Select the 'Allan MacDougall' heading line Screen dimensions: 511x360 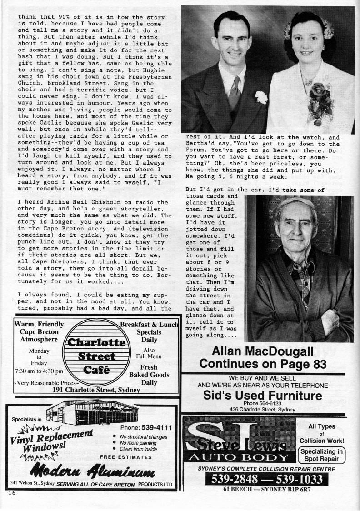(263, 351)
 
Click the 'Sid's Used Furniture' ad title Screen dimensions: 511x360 (263, 396)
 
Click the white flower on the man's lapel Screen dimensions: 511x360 (261, 96)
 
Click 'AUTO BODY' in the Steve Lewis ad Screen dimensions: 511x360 (239, 457)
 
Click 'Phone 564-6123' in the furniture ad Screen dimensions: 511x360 (263, 403)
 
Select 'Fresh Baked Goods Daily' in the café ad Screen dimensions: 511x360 (149, 375)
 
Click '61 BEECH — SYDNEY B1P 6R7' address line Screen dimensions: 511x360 (267, 490)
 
